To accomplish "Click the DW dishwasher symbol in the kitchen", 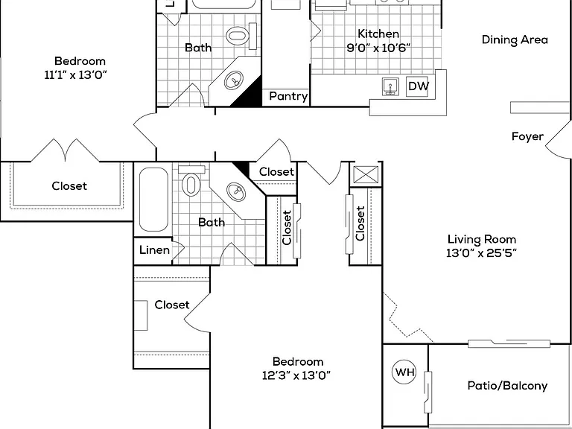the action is [x=417, y=86].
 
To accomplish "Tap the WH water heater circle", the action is [x=404, y=372].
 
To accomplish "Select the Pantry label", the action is [x=288, y=96].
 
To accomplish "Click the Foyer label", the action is [x=527, y=136].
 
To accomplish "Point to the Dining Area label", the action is [x=515, y=39].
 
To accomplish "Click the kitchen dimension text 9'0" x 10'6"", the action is [x=378, y=48].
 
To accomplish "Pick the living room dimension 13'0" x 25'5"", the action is [x=482, y=252].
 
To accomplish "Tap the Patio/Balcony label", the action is [x=507, y=386].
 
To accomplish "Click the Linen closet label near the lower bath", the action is [x=154, y=250].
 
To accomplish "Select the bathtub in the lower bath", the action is [x=153, y=199].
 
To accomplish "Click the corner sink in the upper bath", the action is [x=233, y=80].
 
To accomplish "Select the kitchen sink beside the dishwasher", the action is [x=390, y=87].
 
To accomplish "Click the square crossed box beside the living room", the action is [x=366, y=174].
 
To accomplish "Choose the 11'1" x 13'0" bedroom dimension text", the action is [x=75, y=75].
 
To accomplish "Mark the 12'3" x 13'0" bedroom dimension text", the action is [x=296, y=375].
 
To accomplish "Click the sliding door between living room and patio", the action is [x=509, y=343].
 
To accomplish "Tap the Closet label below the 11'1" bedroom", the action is [x=69, y=186].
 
